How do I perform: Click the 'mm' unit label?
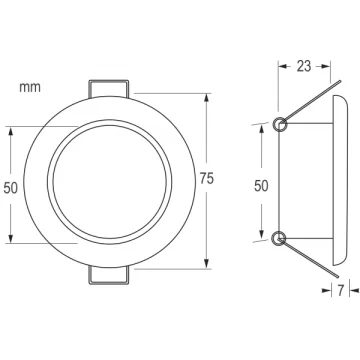click(30, 87)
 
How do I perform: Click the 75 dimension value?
click(207, 179)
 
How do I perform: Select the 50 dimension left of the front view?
click(11, 188)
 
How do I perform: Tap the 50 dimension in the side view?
click(261, 186)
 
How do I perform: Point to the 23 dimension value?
click(304, 66)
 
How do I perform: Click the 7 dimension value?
click(340, 291)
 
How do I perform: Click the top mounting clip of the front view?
click(108, 88)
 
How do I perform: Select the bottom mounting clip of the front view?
click(108, 275)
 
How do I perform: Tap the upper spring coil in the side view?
click(279, 124)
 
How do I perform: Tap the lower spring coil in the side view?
click(279, 239)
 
